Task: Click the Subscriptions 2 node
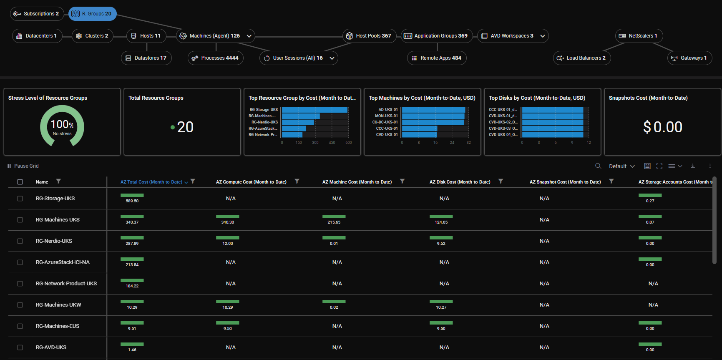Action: [x=37, y=14]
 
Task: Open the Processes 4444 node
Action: [x=215, y=58]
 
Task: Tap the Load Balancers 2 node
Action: [x=582, y=58]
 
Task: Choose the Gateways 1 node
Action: [x=689, y=58]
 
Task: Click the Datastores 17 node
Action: [x=146, y=58]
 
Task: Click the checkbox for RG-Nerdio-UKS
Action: [x=20, y=241]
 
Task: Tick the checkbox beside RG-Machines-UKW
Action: [x=20, y=305]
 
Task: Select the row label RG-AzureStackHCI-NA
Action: [x=63, y=262]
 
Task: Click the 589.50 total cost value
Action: [x=132, y=201]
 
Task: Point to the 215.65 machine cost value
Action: [x=334, y=222]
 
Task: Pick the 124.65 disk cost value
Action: [x=441, y=222]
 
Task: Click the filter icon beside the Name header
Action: [x=58, y=181]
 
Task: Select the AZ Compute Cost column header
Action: [x=251, y=182]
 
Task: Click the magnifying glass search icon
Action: [x=598, y=166]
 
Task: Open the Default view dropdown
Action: [x=621, y=166]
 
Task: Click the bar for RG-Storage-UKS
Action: [x=314, y=110]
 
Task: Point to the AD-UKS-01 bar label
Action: [x=388, y=110]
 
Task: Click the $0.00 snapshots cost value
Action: [x=662, y=127]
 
